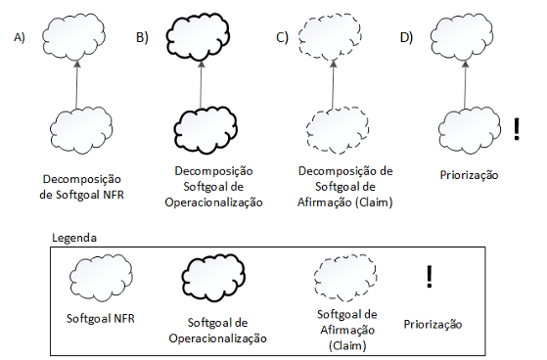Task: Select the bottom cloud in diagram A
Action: [x=75, y=128]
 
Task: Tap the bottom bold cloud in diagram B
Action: [x=201, y=127]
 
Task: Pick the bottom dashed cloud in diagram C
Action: [x=333, y=127]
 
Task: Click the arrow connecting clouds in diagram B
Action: [x=201, y=83]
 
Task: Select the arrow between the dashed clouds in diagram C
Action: [x=333, y=83]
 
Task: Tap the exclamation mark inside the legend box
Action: [x=429, y=277]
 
